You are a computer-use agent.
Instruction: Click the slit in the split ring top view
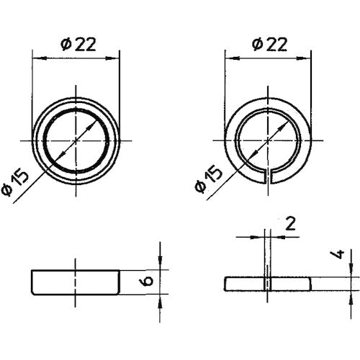tap(269, 176)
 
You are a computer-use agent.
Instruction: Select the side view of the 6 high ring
tap(75, 282)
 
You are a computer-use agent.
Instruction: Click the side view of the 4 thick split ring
tap(269, 282)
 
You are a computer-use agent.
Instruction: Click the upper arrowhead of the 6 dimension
tap(160, 265)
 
